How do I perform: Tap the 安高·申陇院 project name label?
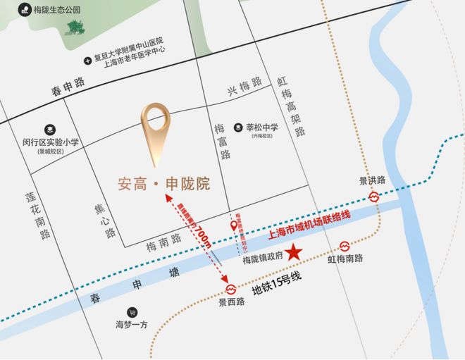tap(163, 185)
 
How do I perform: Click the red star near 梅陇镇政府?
tap(294, 252)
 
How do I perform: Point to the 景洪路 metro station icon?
tap(374, 197)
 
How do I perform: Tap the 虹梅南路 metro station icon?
tap(345, 246)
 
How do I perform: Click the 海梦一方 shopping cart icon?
tap(132, 312)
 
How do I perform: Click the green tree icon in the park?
tap(74, 27)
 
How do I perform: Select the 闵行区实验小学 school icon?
tap(50, 130)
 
